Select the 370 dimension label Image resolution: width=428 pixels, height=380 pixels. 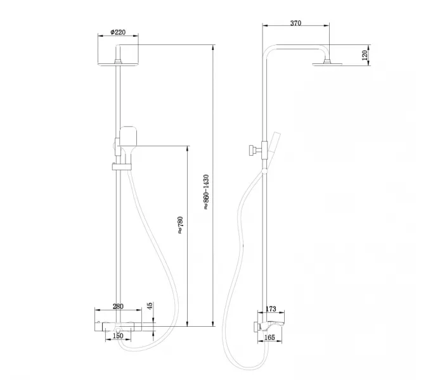tap(295, 23)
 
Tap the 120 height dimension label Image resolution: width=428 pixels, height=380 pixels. tap(365, 55)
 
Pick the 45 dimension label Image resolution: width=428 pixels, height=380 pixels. tap(150, 307)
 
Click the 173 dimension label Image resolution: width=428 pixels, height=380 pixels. tap(271, 309)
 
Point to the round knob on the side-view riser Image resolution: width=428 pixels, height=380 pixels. tap(252, 151)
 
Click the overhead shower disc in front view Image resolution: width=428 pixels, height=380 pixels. tap(119, 63)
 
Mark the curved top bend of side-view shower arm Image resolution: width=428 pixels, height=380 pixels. tap(269, 51)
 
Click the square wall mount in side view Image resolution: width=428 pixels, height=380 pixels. tap(256, 326)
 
